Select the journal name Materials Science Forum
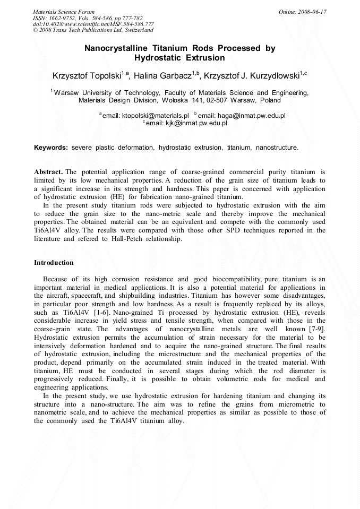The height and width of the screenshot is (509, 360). click(x=64, y=12)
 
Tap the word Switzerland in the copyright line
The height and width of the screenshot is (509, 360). click(x=137, y=31)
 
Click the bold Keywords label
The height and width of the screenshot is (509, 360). click(x=51, y=147)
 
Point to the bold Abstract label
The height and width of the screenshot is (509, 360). click(x=48, y=172)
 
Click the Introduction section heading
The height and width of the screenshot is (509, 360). click(x=54, y=263)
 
